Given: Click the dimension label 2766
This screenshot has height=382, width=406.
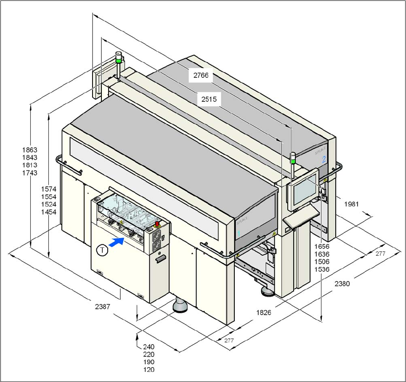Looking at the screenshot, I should tap(201, 76).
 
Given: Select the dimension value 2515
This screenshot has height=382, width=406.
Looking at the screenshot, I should tap(209, 100).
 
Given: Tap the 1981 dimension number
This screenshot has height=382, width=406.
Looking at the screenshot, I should tap(351, 204).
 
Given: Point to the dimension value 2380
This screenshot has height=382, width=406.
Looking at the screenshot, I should tap(342, 284).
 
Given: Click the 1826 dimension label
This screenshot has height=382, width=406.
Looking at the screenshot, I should tap(264, 312).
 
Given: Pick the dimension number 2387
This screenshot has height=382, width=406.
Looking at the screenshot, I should tap(102, 307).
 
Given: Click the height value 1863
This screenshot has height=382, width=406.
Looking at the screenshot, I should tap(30, 150).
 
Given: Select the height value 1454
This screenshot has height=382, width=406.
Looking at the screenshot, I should tap(49, 212).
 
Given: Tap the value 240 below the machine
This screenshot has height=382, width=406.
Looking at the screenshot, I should tap(149, 347).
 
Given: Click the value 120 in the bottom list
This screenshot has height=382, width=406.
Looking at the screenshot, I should tap(149, 370).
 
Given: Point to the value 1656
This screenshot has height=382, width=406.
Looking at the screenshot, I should tap(322, 247).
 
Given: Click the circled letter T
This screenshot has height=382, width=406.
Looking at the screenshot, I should tap(102, 250).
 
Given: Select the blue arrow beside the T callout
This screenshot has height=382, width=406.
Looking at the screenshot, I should tap(117, 241).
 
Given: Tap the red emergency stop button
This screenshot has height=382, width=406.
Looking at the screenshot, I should tap(158, 224).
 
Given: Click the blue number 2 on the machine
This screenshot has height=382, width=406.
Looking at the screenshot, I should tap(324, 159).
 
